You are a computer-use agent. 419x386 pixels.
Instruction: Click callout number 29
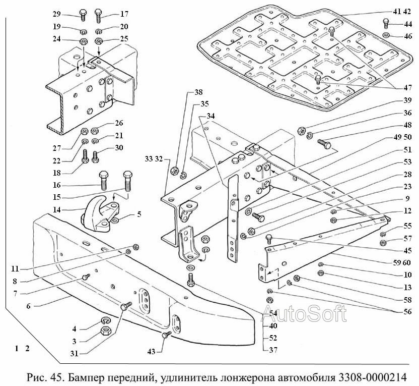[x=56, y=14]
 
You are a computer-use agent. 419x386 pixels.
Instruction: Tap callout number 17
[x=124, y=14]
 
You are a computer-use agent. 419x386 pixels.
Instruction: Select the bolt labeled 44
[x=386, y=23]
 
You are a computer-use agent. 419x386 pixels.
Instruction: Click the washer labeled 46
[x=385, y=36]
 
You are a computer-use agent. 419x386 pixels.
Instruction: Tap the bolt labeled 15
[x=127, y=180]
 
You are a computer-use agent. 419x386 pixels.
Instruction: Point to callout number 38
[x=198, y=93]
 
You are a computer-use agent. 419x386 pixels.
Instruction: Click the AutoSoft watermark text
[x=305, y=314]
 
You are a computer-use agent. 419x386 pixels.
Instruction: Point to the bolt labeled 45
[x=269, y=238]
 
